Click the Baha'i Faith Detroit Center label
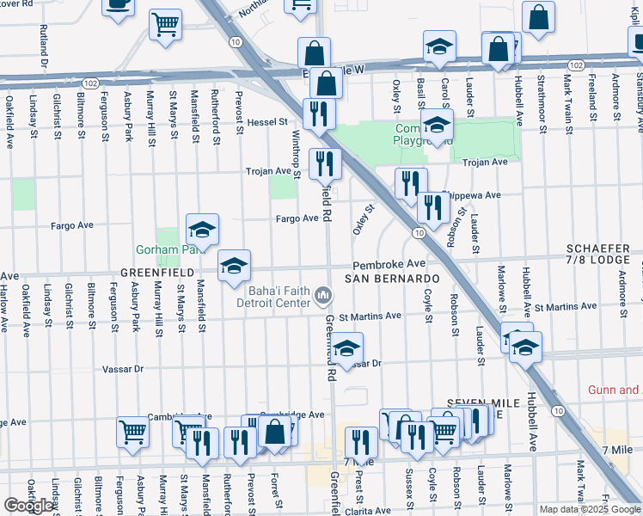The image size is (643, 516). point(279,297)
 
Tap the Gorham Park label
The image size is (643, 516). point(167,250)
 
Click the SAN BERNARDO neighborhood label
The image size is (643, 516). point(392,279)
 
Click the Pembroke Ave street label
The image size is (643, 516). point(389,263)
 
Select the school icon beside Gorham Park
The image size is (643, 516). point(203,230)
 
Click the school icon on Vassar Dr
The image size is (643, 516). point(346,349)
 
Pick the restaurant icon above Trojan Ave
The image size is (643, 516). point(319,113)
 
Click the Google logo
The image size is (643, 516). point(29,505)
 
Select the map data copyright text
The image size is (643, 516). point(590,509)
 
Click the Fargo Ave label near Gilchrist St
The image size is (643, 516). point(72,225)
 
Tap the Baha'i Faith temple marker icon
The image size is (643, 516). point(323,297)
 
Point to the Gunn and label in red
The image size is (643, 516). point(614,390)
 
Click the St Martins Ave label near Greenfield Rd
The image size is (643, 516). point(369,316)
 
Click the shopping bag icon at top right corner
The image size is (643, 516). point(538,20)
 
